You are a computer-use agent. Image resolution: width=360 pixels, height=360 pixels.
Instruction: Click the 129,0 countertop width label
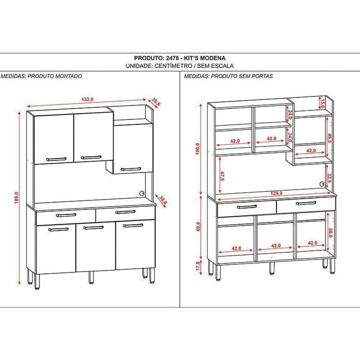click(276, 193)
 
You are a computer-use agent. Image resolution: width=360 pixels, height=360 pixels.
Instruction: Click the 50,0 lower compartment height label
click(330, 233)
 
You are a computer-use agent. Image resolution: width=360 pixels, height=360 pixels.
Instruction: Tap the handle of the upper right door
click(130, 168)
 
